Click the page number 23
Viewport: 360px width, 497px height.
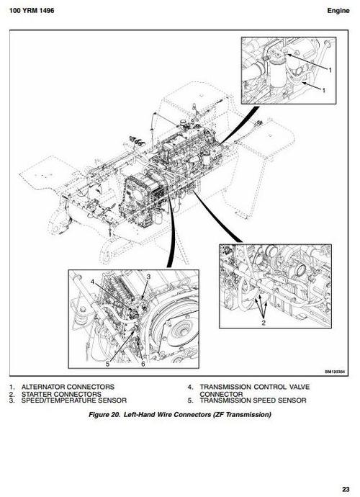point(346,489)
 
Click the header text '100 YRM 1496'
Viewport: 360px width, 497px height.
point(32,11)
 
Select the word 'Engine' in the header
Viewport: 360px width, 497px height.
point(338,11)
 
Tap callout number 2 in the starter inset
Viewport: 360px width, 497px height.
point(264,323)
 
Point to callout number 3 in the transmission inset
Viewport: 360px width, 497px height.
point(148,277)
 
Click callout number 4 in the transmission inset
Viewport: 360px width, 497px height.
point(93,281)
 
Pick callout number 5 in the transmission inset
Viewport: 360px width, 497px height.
point(108,364)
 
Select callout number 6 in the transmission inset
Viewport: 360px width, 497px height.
point(143,364)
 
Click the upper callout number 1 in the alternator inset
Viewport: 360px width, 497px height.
point(330,70)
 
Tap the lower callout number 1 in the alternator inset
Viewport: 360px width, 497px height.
point(323,91)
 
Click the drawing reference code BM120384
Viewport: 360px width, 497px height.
point(334,372)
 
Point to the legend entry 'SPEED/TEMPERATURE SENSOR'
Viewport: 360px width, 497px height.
point(74,400)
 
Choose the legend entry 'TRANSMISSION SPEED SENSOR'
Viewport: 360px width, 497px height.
point(253,400)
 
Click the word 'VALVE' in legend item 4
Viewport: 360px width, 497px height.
point(299,387)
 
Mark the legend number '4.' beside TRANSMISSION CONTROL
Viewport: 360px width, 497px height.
point(190,387)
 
